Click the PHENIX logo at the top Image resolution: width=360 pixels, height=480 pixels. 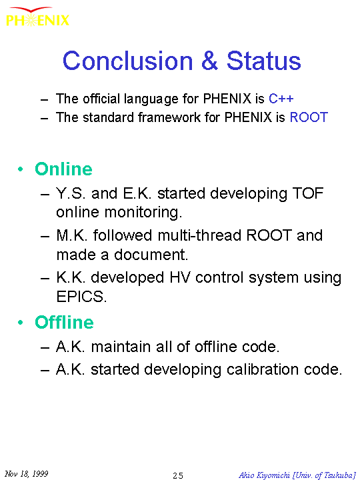37,17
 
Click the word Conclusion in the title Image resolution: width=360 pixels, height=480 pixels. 128,61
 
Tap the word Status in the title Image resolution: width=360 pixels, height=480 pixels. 264,61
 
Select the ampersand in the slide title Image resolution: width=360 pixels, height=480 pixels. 210,61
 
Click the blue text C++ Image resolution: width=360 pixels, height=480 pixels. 281,99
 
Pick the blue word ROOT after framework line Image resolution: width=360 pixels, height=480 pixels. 309,117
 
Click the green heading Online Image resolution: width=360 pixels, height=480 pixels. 63,169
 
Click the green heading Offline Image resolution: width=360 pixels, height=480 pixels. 64,323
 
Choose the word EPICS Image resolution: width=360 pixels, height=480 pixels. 81,296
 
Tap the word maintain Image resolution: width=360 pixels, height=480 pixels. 121,347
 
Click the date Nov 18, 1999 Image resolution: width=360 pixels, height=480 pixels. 26,473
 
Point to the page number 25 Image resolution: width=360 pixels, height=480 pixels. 178,475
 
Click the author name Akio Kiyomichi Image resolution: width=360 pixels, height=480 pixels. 264,475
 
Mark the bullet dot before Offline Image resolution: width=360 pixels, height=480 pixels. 21,323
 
